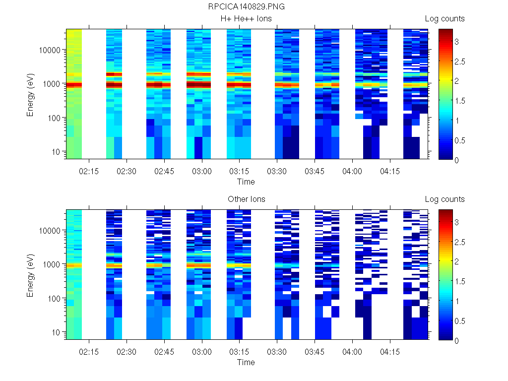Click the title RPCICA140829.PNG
(x=247, y=6)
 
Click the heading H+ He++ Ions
(x=246, y=19)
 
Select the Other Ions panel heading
(x=246, y=199)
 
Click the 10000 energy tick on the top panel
(x=50, y=50)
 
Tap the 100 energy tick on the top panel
(x=53, y=118)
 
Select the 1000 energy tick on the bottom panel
(x=52, y=264)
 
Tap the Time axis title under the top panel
(x=246, y=182)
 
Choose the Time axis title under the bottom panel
(x=246, y=362)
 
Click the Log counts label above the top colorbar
(x=444, y=19)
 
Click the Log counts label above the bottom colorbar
(x=444, y=199)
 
